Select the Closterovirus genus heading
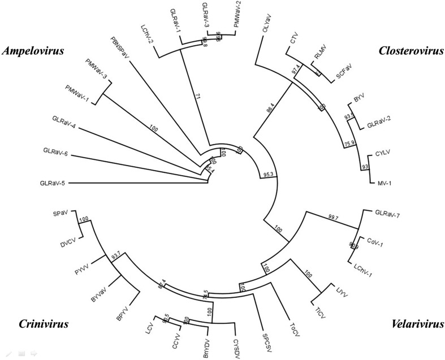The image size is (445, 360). pos(405,51)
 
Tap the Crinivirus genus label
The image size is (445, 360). pos(40,323)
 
